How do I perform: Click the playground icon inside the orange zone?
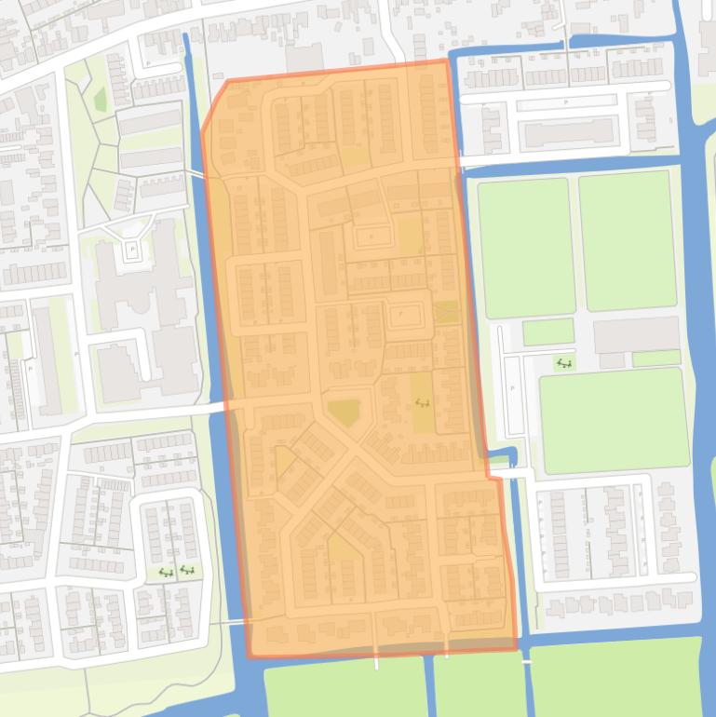point(423,403)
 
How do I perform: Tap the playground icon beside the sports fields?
point(563,363)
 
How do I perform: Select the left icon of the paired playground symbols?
point(166,573)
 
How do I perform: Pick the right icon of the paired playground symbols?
point(187,570)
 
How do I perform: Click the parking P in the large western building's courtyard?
point(132,250)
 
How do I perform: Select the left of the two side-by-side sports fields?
point(525,248)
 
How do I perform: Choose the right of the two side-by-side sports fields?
point(627,240)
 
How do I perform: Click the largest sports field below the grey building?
point(614,420)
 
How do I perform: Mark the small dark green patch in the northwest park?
point(101,98)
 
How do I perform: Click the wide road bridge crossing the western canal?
point(222,406)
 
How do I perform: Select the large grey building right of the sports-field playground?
point(636,334)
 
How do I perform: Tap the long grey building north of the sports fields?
point(571,133)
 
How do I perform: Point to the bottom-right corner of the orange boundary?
point(516,648)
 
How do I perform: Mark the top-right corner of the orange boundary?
point(447,61)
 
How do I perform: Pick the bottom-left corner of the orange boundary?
point(250,655)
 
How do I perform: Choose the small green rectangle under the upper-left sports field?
point(547,331)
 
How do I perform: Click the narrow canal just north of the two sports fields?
point(577,164)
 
